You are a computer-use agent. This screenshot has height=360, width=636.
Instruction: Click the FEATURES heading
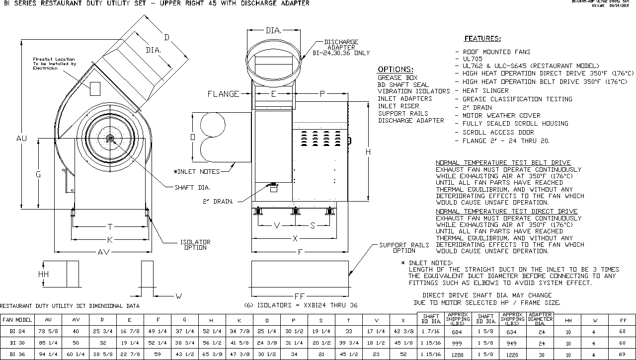[482, 39]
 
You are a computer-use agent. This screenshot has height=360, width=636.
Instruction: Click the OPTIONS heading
[395, 70]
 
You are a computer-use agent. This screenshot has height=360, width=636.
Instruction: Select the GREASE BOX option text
[397, 78]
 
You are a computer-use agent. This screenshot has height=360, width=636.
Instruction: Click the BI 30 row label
[17, 343]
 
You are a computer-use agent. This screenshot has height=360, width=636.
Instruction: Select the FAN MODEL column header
[17, 320]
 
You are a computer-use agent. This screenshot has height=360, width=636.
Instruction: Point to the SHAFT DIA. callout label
[192, 188]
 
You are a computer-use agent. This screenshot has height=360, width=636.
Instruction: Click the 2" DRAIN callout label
[217, 201]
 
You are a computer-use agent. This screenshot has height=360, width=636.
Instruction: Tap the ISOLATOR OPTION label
[195, 245]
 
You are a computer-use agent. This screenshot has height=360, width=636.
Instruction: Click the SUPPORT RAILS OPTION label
[403, 248]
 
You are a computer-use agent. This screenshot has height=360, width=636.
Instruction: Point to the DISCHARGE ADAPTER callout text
[341, 48]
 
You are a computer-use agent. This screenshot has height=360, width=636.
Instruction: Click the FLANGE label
[223, 94]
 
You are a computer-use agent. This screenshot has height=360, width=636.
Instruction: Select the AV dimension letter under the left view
[103, 252]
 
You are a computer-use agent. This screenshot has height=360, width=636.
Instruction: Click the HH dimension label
[44, 274]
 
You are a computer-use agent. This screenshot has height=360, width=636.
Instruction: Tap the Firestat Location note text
[54, 64]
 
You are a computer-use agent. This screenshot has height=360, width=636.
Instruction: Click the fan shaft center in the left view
[110, 138]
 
